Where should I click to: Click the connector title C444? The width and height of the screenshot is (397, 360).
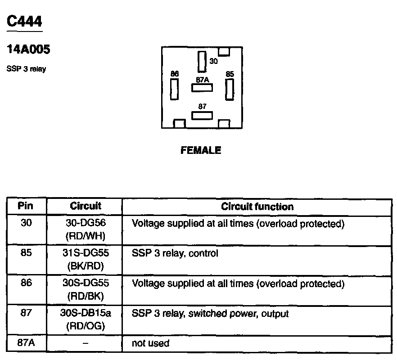(25, 21)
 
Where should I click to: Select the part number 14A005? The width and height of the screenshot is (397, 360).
(28, 49)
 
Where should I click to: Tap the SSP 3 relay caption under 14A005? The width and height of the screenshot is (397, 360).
(26, 69)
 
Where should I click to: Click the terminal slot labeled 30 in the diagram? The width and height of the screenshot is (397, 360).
(202, 62)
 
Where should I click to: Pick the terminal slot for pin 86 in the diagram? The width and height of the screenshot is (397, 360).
(174, 89)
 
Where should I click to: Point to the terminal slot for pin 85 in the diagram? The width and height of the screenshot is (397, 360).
(230, 89)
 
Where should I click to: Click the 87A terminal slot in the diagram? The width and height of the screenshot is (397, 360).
(202, 88)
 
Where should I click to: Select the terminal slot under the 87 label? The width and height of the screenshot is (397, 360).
(202, 116)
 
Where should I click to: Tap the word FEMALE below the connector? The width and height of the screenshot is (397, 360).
(201, 150)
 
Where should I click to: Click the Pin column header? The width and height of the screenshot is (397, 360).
(26, 207)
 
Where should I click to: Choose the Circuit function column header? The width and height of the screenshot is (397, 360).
(257, 207)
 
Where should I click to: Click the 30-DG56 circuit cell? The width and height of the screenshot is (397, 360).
(86, 223)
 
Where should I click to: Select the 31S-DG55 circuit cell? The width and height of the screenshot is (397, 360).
(86, 253)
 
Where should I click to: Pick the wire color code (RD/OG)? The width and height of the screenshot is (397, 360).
(86, 326)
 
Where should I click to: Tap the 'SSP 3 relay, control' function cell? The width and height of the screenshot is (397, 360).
(175, 253)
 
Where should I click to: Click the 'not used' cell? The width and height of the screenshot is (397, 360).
(150, 344)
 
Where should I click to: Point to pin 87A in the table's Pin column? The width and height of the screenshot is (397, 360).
(26, 343)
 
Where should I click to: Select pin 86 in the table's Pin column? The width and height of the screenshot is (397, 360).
(26, 283)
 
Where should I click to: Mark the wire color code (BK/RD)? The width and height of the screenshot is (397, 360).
(86, 265)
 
